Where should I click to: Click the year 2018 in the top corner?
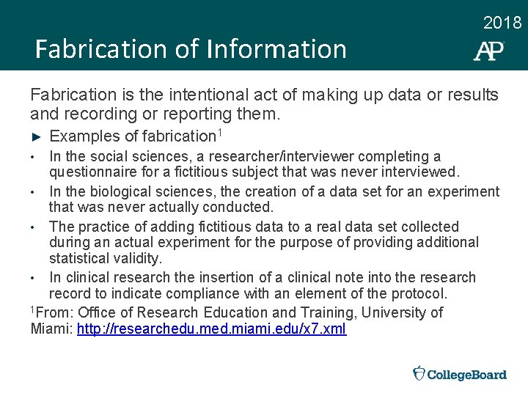coord(502,23)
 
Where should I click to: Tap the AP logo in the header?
coord(488,51)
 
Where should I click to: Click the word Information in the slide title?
coord(277,50)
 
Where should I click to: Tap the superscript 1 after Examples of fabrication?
coord(219,133)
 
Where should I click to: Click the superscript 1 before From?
coord(32,309)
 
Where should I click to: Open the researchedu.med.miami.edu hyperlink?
coord(211,329)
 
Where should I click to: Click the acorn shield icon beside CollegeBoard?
coord(419,373)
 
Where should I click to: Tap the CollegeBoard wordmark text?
coord(467,375)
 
